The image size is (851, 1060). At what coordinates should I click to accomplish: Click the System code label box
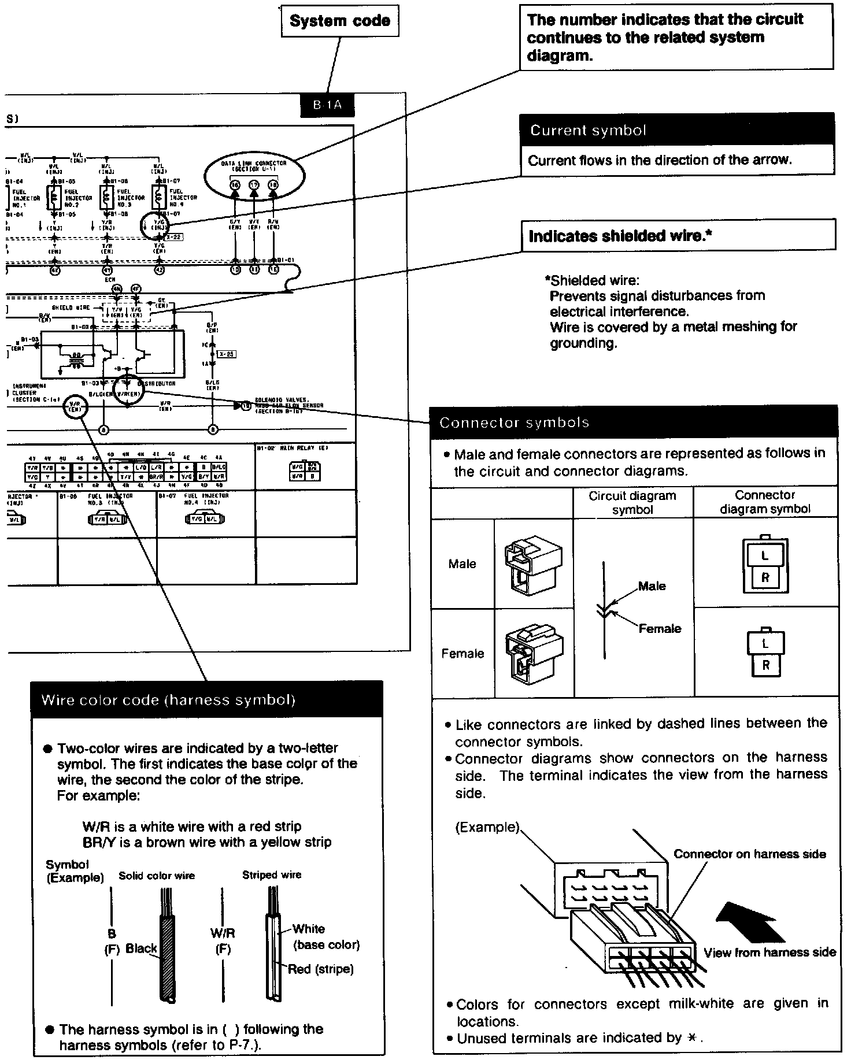pyautogui.click(x=340, y=21)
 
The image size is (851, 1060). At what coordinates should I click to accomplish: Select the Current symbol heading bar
pyautogui.click(x=676, y=129)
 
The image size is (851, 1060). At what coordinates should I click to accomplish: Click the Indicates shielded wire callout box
pyautogui.click(x=678, y=235)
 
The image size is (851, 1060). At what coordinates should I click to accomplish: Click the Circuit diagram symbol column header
pyautogui.click(x=632, y=502)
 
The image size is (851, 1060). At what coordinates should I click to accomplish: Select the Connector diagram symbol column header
pyautogui.click(x=765, y=502)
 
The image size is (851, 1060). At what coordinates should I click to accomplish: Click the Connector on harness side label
pyautogui.click(x=750, y=854)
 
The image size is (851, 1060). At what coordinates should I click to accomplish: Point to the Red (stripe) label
pyautogui.click(x=320, y=969)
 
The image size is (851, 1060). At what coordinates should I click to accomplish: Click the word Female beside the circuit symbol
pyautogui.click(x=660, y=628)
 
